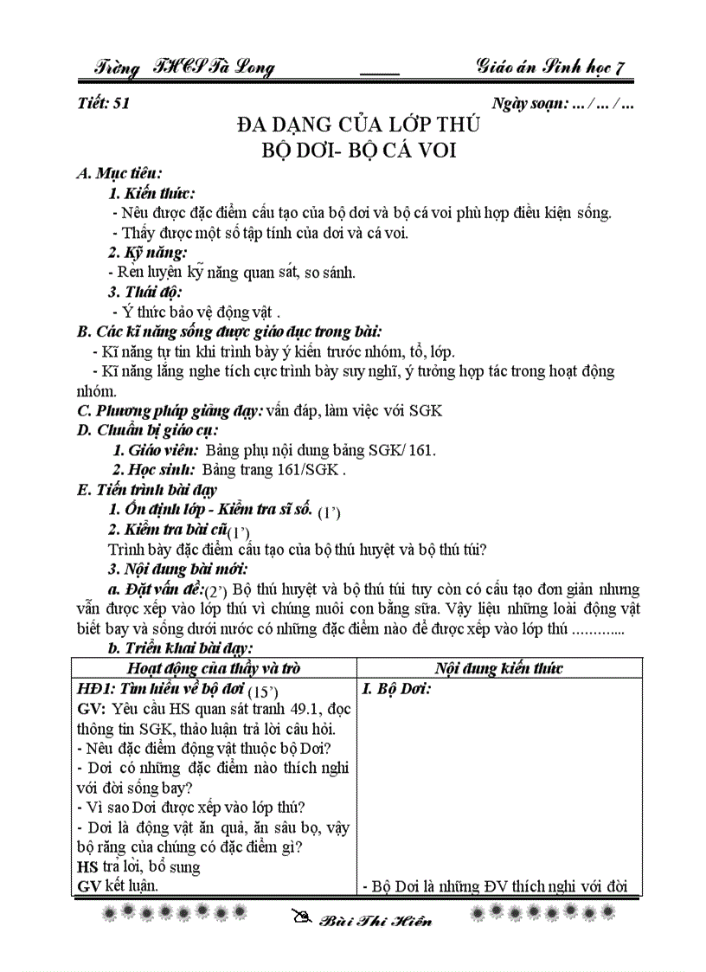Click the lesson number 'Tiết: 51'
click(x=103, y=105)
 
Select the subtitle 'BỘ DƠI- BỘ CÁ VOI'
click(x=359, y=150)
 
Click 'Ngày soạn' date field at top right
click(x=563, y=105)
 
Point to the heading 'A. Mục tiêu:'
click(x=119, y=173)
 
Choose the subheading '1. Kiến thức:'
click(x=151, y=193)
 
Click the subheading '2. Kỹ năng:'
click(x=148, y=253)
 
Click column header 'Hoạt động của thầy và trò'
click(x=213, y=667)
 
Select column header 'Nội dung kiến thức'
click(x=499, y=667)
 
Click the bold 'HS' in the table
click(x=87, y=866)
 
